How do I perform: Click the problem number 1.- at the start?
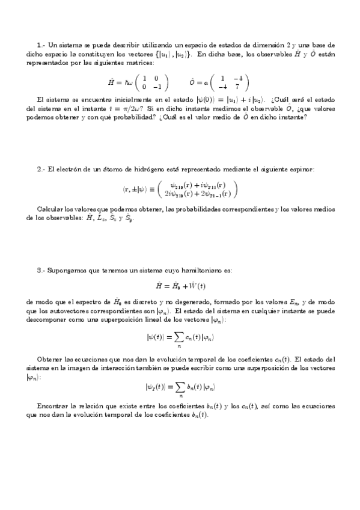tap(40, 46)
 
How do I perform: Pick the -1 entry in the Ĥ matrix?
tap(155, 87)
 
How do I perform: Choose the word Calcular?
tap(49, 209)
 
